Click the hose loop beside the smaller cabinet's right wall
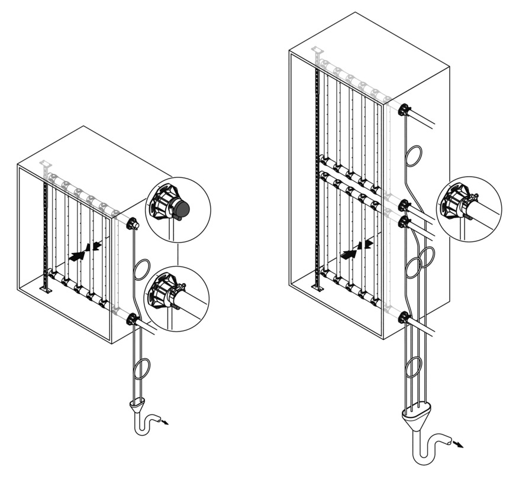click(x=141, y=270)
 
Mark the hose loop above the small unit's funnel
click(x=141, y=369)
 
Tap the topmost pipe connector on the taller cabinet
click(x=404, y=111)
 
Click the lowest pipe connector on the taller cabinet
click(x=404, y=317)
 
